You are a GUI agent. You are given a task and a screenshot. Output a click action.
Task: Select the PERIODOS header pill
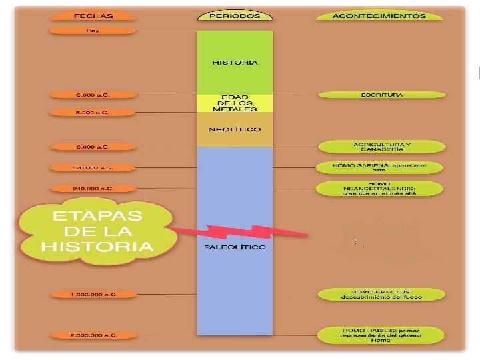[235, 15]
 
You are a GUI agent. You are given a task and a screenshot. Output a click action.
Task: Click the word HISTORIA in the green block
[235, 63]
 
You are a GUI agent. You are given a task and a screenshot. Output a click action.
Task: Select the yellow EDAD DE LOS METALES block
[235, 103]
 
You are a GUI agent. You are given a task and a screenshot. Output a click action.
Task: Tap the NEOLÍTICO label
[235, 129]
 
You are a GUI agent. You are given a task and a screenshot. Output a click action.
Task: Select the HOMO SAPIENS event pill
[378, 167]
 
